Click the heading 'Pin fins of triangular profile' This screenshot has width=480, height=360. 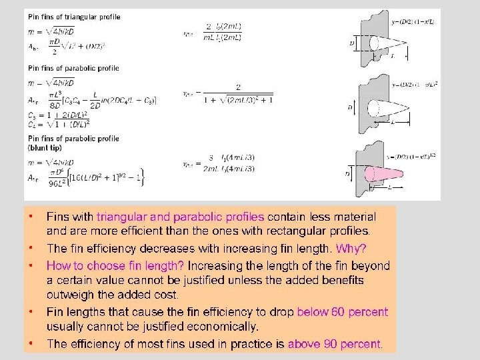(x=74, y=16)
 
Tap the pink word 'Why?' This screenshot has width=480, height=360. (x=351, y=249)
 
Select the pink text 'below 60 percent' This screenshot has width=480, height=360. (x=342, y=312)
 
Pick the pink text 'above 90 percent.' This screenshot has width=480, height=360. (x=335, y=344)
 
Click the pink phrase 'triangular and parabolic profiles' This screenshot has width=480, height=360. (x=180, y=217)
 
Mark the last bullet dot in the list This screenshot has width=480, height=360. (x=31, y=344)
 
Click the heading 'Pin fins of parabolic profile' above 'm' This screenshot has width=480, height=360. (x=73, y=68)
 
